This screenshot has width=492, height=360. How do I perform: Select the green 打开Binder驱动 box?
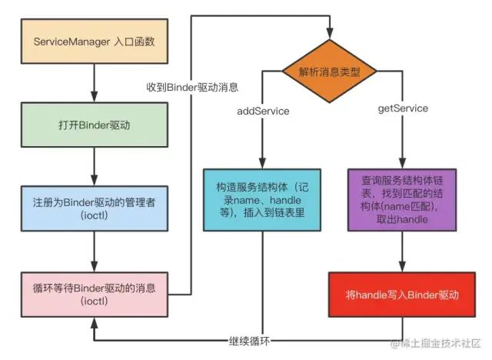tap(94, 126)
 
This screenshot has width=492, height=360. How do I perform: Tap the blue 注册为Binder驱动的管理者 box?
tap(94, 208)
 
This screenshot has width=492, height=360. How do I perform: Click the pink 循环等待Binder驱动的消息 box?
tap(94, 293)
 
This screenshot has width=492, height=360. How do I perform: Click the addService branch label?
tap(262, 111)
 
